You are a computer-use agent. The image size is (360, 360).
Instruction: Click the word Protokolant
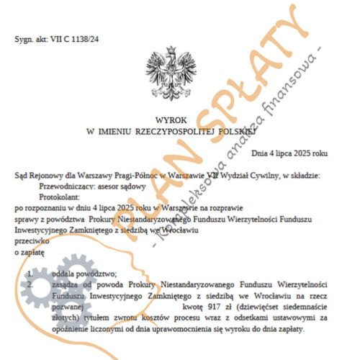point(57,195)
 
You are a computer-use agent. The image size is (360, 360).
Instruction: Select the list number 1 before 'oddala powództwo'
point(28,274)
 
